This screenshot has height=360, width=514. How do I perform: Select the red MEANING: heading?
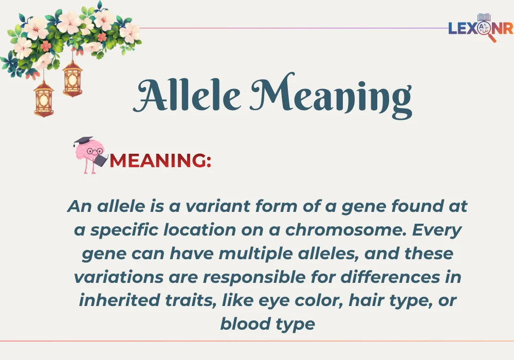(x=160, y=161)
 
